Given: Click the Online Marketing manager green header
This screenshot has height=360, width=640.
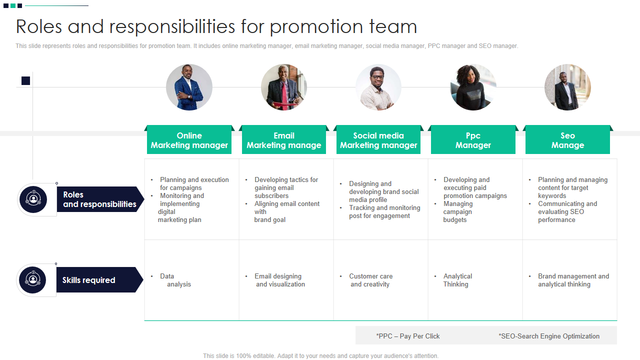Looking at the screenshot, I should click(x=189, y=140).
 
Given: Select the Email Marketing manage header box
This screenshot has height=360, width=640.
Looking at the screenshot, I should click(x=283, y=140).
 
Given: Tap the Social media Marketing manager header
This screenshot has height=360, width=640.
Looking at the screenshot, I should click(x=378, y=140).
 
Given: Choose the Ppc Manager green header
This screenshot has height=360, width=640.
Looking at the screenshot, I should click(x=473, y=140).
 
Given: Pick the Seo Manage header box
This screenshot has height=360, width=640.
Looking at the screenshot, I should click(x=567, y=140).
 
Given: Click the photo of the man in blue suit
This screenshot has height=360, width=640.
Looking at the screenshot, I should click(x=189, y=87).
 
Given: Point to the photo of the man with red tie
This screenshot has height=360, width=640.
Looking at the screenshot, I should click(x=283, y=87).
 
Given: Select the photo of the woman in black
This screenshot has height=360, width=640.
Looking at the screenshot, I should click(x=473, y=87).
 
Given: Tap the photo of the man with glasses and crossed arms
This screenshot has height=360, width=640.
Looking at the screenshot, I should click(x=378, y=87).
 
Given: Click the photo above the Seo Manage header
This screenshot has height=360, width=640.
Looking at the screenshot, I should click(x=567, y=87).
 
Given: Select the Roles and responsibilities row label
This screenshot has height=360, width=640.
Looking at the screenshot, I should click(x=99, y=199).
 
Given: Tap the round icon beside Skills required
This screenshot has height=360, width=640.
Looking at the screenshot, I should click(x=33, y=280).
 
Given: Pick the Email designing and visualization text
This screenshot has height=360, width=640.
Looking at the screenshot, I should click(x=279, y=280).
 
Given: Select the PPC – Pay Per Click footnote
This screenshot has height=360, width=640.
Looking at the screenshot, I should click(x=408, y=336).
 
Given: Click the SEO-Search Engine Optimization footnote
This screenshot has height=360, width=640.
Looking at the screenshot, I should click(x=549, y=336).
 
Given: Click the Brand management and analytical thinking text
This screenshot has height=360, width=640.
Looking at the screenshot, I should click(x=573, y=280).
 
